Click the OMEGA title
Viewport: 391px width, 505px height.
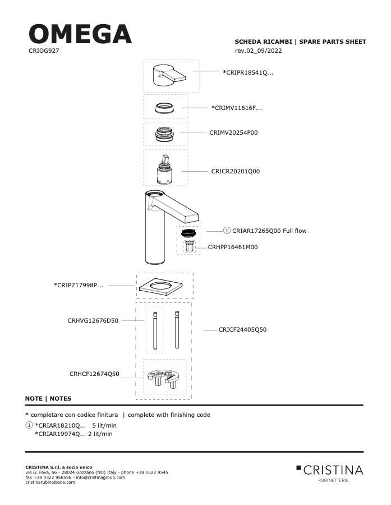[80, 34]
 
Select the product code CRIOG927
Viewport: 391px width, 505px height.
[44, 50]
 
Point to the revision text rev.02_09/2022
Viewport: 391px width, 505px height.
[258, 50]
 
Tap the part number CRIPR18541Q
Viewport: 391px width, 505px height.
[248, 72]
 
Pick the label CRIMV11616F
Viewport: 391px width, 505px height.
[237, 108]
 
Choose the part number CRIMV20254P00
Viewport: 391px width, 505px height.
[233, 132]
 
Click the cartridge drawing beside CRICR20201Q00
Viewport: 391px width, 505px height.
[165, 169]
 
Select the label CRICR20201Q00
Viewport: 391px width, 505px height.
[236, 171]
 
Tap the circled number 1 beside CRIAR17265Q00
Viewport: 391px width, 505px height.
[227, 231]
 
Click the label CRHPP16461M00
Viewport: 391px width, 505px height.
[233, 247]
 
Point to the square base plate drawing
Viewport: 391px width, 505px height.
[160, 286]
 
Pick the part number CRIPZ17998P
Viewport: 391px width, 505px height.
[79, 285]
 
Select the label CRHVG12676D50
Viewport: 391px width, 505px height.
[93, 320]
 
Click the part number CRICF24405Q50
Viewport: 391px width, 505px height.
[242, 329]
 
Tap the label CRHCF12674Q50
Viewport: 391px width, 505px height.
[94, 374]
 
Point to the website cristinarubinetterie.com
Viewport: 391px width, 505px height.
[50, 482]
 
